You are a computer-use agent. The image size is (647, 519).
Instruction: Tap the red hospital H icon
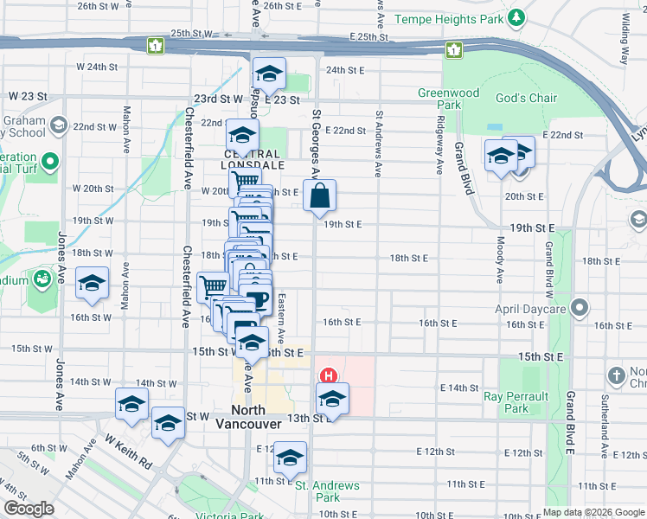329,376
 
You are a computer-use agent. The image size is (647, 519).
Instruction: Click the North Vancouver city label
256,417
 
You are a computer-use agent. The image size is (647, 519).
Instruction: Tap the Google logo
28,509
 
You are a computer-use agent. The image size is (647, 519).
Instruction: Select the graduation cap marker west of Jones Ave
91,282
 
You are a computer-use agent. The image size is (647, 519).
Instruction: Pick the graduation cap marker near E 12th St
291,456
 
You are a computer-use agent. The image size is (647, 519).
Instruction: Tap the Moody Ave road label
501,260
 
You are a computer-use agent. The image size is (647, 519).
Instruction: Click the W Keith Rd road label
128,450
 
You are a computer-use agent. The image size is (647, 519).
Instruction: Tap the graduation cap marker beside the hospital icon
331,398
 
